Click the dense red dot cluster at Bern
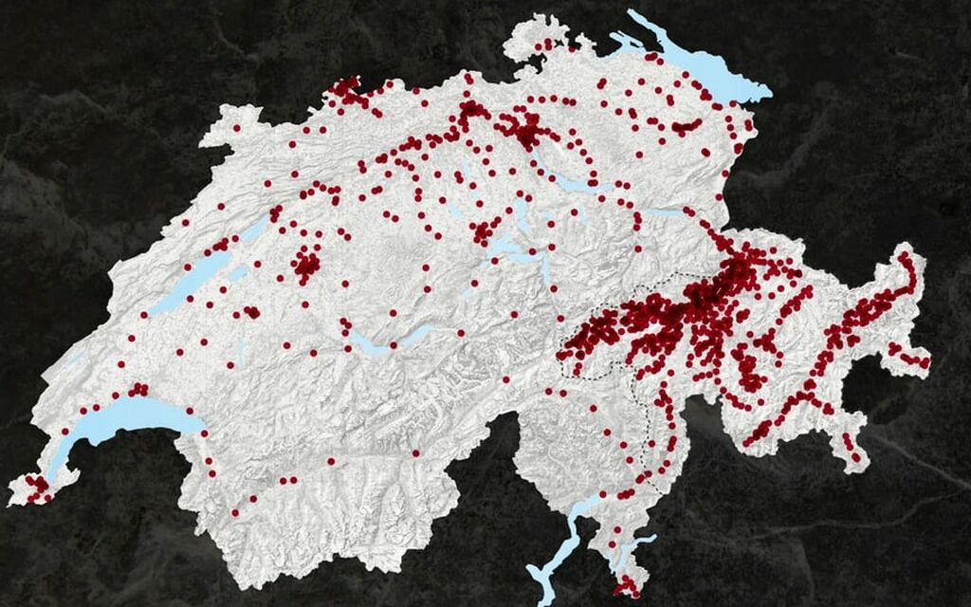(306, 264)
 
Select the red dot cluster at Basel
(348, 93)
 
